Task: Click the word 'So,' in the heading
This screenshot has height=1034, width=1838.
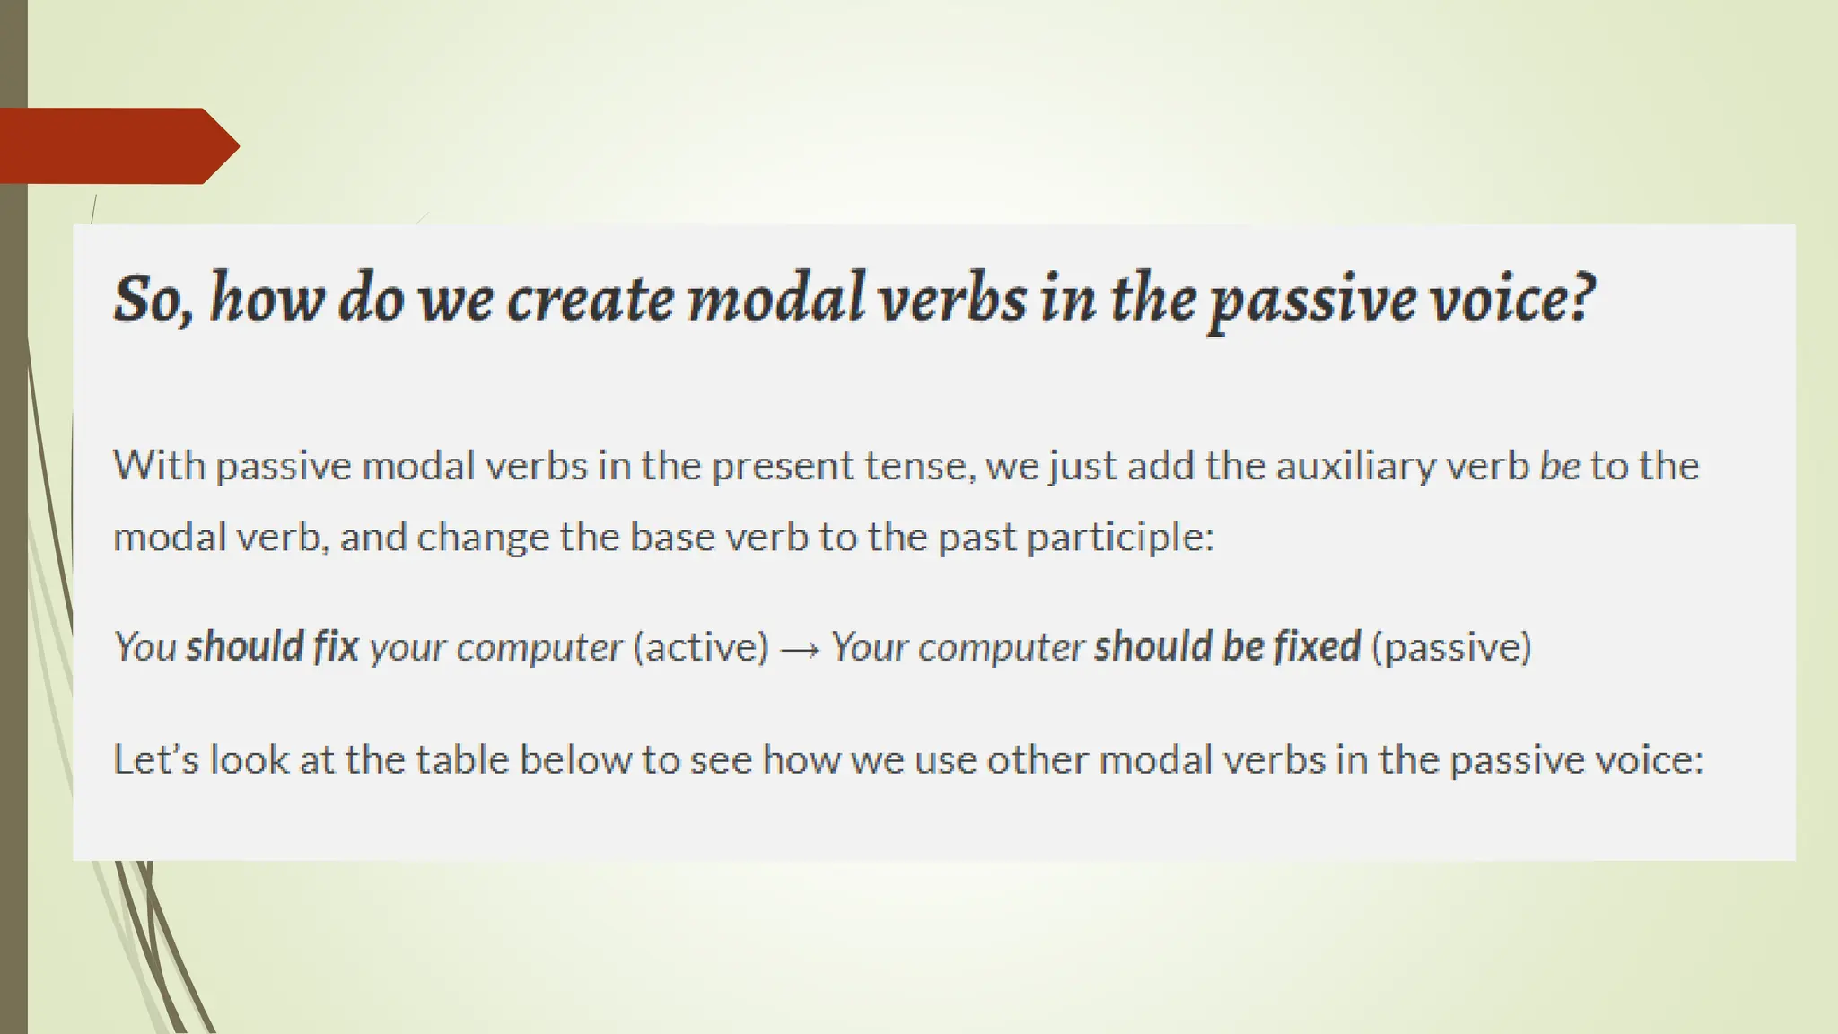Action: pyautogui.click(x=152, y=299)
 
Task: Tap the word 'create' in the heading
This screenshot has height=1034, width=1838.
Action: pyautogui.click(x=590, y=299)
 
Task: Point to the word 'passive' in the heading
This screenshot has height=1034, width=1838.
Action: pyautogui.click(x=1310, y=302)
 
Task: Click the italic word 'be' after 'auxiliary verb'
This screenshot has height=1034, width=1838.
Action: pyautogui.click(x=1559, y=466)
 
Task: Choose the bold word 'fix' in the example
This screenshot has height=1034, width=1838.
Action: pyautogui.click(x=336, y=646)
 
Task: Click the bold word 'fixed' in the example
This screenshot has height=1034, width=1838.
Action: pyautogui.click(x=1318, y=646)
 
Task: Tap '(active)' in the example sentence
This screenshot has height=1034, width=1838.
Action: pyautogui.click(x=701, y=648)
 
